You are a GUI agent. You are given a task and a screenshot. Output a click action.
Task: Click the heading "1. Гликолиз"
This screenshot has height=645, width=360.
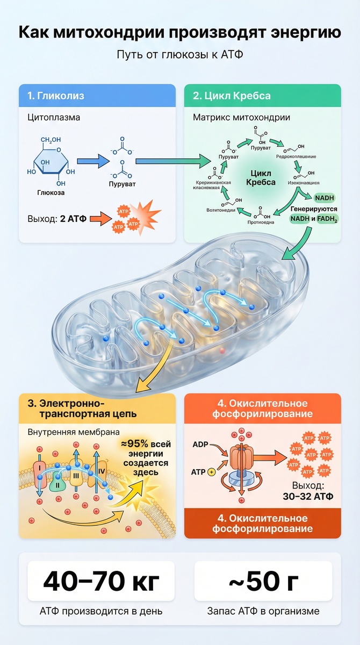click(56, 97)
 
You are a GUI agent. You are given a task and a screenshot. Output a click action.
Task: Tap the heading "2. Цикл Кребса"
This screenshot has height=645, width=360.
click(232, 97)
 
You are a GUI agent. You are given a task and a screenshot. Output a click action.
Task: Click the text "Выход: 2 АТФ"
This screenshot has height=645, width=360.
click(54, 219)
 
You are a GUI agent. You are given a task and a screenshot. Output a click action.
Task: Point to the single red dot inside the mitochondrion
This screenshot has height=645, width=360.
click(222, 350)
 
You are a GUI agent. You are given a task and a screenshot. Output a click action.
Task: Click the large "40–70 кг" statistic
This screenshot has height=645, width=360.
click(102, 582)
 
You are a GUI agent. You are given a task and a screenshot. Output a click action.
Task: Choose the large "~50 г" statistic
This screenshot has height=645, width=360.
click(263, 582)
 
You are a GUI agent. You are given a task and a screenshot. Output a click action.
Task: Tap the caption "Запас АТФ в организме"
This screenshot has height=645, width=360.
click(263, 611)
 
